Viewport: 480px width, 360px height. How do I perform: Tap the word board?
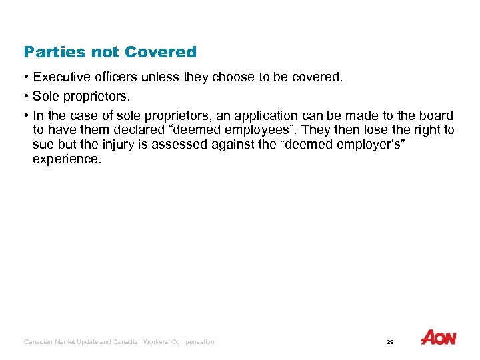pyautogui.click(x=437, y=115)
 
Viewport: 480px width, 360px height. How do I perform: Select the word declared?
pyautogui.click(x=136, y=130)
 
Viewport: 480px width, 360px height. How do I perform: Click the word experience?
pyautogui.click(x=67, y=160)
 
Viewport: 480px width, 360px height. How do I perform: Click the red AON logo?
pyautogui.click(x=438, y=338)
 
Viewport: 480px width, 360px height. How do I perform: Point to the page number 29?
pyautogui.click(x=390, y=342)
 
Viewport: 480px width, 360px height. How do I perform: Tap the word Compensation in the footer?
pyautogui.click(x=193, y=342)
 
